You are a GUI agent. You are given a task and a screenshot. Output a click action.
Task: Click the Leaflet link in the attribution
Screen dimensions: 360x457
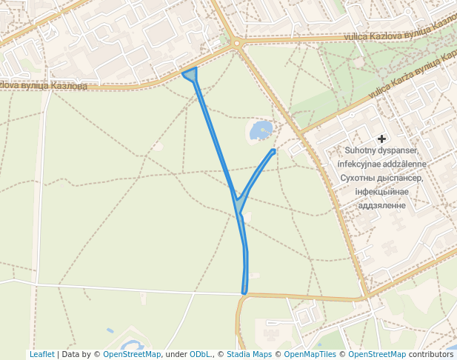[41, 355]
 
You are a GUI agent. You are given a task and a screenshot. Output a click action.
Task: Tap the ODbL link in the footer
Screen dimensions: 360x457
[199, 355]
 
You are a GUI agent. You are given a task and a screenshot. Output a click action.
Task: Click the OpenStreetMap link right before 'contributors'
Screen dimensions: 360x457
[377, 355]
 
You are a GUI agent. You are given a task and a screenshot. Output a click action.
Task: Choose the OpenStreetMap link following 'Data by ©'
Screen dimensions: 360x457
[132, 355]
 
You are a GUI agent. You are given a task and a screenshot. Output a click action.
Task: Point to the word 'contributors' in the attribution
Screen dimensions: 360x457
[431, 355]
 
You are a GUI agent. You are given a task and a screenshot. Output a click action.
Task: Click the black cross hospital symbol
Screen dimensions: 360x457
[381, 139]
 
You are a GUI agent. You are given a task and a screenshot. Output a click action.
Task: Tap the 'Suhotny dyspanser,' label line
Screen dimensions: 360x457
[381, 150]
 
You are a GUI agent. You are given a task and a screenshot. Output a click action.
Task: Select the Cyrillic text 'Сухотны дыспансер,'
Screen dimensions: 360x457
[381, 178]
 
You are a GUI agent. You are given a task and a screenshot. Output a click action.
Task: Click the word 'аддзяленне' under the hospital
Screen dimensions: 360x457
[381, 204]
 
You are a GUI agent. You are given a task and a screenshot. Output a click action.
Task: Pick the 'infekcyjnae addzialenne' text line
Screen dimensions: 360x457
[381, 164]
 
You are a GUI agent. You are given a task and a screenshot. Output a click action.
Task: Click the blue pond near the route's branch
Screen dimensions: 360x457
[261, 131]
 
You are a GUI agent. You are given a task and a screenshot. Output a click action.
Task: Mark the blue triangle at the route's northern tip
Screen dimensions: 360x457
[191, 74]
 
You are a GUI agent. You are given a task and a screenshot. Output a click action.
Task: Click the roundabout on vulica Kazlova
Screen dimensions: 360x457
[237, 43]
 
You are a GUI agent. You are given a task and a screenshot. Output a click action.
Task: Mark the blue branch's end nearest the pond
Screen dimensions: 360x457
[273, 152]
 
